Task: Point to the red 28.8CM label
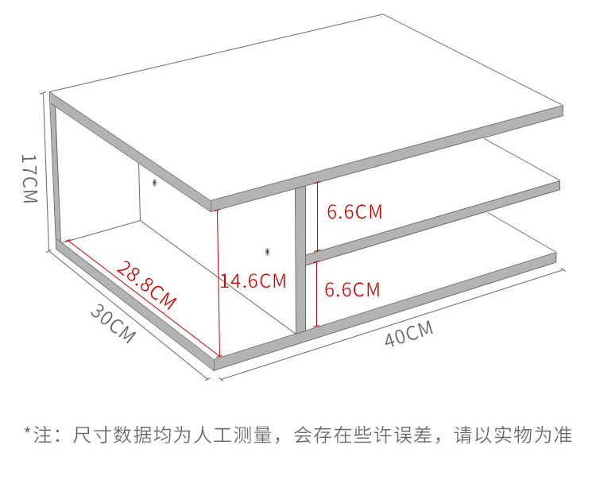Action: [146, 284]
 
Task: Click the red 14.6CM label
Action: [253, 281]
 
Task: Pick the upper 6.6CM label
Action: [354, 212]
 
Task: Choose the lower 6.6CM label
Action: [353, 289]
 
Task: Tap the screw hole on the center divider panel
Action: [267, 251]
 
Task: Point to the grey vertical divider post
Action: [300, 262]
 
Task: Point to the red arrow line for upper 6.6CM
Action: [317, 216]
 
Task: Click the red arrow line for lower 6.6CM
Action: [317, 290]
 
